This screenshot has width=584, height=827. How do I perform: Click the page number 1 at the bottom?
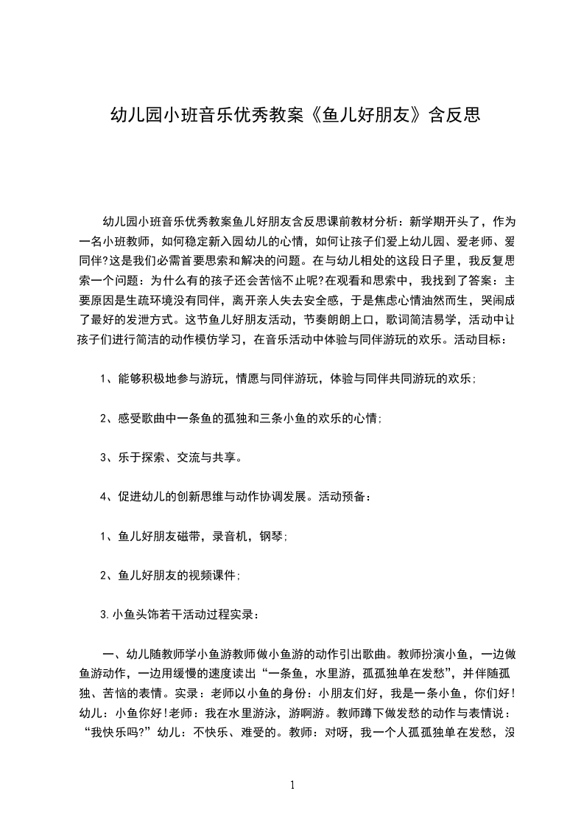(292, 784)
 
